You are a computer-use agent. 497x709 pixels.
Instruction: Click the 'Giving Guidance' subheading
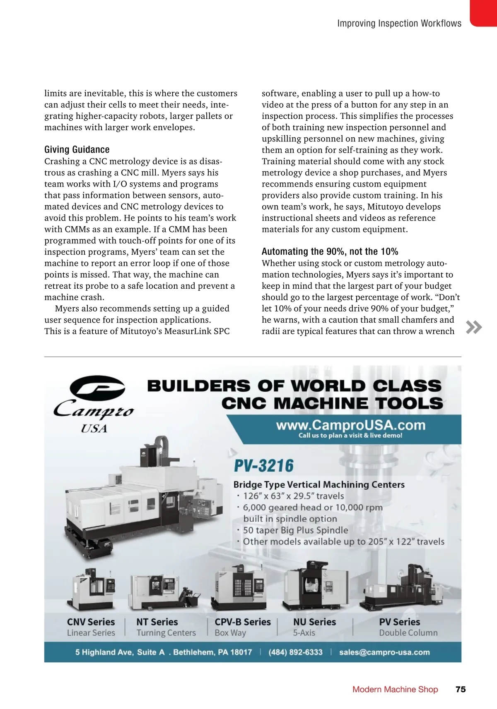[77, 150]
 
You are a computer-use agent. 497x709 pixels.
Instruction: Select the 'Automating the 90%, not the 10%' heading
[330, 252]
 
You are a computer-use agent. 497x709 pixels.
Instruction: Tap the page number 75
[461, 689]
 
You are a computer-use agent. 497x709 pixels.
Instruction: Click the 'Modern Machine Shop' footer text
[395, 689]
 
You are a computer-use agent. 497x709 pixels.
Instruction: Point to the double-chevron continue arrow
[474, 327]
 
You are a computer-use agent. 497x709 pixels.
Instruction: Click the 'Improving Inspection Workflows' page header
[399, 24]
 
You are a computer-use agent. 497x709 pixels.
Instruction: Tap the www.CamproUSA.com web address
[350, 425]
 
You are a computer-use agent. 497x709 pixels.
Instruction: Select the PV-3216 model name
[264, 466]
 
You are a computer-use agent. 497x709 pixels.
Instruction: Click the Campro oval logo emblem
[97, 388]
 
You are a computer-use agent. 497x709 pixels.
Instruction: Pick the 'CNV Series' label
[91, 622]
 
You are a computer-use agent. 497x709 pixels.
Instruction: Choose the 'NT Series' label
[157, 622]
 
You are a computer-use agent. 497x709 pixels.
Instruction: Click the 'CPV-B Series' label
[243, 622]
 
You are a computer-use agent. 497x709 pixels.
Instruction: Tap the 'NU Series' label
[314, 622]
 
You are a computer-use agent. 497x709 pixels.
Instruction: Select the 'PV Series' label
[400, 622]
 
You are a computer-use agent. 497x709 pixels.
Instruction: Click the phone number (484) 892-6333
[295, 652]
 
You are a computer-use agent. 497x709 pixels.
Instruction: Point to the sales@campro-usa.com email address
[384, 652]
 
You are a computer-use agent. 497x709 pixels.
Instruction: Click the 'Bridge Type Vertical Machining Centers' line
[319, 484]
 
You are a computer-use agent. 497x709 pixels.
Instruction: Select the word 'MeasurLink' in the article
[188, 331]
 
